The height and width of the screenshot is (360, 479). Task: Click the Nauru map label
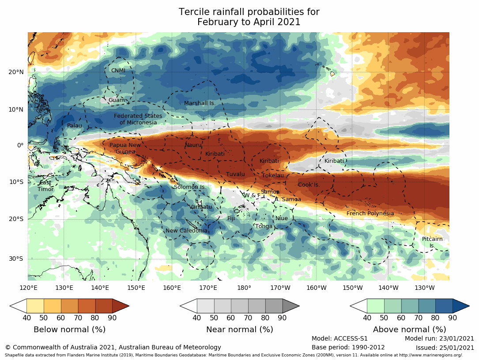click(193, 145)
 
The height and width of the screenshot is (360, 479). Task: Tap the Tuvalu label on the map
click(235, 174)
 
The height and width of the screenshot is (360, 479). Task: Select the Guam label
click(117, 100)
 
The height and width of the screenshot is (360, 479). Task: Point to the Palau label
click(75, 126)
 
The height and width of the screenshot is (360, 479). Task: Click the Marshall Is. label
click(200, 103)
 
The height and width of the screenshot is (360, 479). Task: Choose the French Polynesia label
click(370, 214)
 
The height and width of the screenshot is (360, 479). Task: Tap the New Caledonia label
click(186, 231)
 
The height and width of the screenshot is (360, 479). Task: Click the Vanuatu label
click(201, 207)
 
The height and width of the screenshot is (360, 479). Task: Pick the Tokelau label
click(272, 176)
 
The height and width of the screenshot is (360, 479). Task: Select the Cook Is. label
click(309, 185)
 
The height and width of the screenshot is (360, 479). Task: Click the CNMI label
click(118, 71)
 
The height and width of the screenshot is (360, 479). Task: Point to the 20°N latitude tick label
click(16, 72)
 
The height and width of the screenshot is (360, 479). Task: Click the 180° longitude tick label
click(244, 288)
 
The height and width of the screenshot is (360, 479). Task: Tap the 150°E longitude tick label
click(136, 288)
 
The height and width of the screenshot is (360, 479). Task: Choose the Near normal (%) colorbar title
click(240, 330)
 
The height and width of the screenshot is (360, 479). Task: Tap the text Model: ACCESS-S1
click(339, 338)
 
